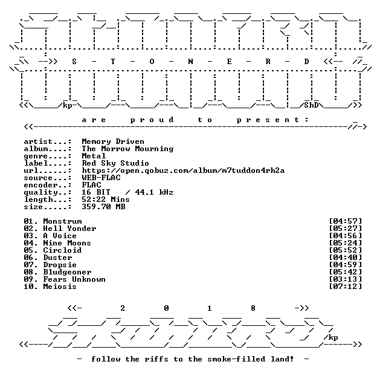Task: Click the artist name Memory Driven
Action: [x=113, y=141]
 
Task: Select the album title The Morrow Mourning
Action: [x=127, y=149]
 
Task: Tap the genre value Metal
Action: [x=94, y=156]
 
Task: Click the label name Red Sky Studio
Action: [x=115, y=163]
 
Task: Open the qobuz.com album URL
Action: [x=183, y=170]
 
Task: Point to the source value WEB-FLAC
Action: [x=101, y=178]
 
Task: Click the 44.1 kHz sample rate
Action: [x=154, y=192]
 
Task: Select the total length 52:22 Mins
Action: [x=106, y=199]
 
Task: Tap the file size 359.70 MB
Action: [x=103, y=206]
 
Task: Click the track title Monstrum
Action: [x=62, y=221]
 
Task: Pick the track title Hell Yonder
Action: [x=69, y=229]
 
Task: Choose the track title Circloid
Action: [x=62, y=250]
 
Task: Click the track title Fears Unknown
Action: [x=74, y=279]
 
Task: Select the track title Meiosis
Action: [x=60, y=287]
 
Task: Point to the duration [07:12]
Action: [x=345, y=287]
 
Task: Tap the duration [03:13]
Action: [x=345, y=279]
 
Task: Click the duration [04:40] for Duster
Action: [x=345, y=258]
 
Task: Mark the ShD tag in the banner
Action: [x=311, y=105]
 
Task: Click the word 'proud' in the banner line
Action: [x=152, y=120]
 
